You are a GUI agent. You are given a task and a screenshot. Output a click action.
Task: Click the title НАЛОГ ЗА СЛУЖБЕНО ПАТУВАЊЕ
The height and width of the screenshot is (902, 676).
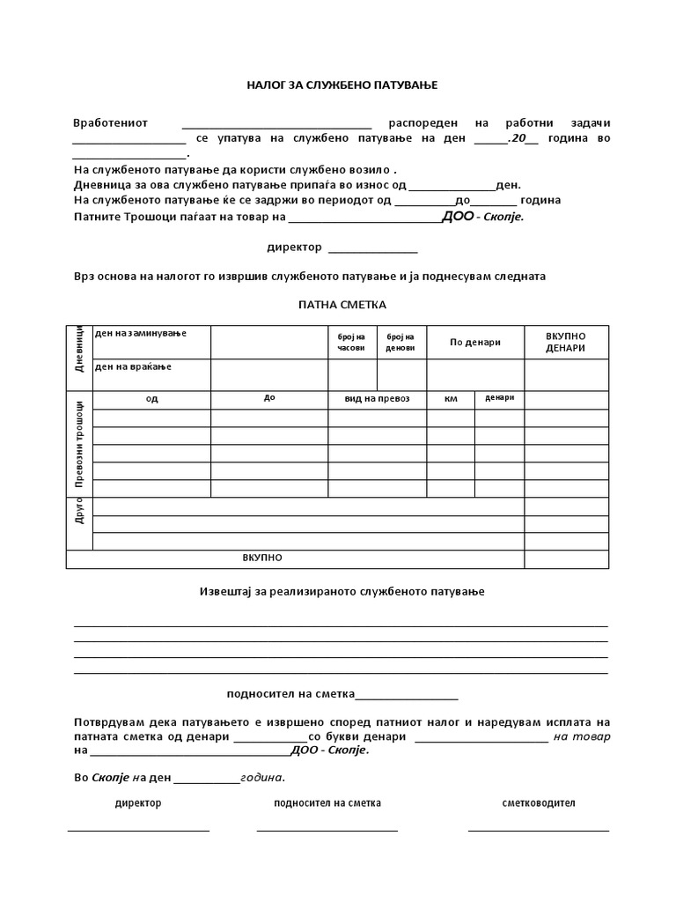341,85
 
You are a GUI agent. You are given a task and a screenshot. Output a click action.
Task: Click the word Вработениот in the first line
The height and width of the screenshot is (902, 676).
110,122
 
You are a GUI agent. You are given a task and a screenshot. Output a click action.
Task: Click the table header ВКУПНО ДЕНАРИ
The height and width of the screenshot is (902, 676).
565,342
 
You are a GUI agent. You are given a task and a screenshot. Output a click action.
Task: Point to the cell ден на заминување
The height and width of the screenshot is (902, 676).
140,333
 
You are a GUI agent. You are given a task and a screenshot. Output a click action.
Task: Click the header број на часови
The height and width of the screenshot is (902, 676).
351,342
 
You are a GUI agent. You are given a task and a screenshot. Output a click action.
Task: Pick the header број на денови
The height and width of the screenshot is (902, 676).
401,342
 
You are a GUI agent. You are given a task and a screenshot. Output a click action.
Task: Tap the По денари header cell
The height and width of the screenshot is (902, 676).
474,342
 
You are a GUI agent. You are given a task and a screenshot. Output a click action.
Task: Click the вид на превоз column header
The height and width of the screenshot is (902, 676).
377,398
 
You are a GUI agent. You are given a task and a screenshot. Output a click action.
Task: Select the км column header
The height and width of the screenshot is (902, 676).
451,398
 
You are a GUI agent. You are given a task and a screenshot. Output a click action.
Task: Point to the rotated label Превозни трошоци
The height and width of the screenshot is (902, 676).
79,444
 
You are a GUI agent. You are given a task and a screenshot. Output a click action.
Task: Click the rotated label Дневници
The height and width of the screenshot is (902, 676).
79,347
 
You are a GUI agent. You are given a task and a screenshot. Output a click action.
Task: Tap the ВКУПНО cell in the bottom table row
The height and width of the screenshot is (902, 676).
262,558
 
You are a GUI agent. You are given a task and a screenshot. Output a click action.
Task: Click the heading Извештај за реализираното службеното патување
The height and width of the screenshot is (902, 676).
341,591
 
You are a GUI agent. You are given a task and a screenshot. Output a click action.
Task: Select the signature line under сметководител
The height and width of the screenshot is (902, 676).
538,830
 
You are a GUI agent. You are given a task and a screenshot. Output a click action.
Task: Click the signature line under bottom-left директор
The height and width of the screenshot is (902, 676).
138,830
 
